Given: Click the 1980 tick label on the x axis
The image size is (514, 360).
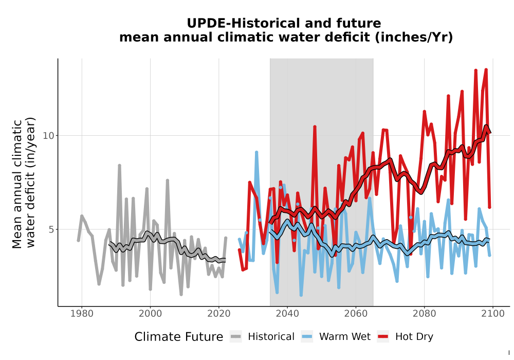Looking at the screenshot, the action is tap(82, 314).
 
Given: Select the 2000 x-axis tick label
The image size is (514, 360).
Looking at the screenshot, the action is tap(150, 314).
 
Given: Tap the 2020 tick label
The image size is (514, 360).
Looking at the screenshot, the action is tap(218, 314).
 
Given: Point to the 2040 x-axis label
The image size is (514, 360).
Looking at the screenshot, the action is tap(287, 314).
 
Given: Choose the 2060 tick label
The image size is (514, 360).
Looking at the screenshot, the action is tap(356, 314).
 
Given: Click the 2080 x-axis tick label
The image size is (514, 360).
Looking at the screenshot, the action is tap(424, 314).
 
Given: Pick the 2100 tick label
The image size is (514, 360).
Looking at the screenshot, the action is tap(493, 314).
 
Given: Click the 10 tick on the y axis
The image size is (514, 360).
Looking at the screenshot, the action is tap(48, 135).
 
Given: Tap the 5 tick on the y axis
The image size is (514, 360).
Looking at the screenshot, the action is tap(51, 229).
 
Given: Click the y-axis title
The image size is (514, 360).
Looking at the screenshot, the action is tap(24, 183).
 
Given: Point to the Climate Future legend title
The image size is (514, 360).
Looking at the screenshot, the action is tap(179, 337).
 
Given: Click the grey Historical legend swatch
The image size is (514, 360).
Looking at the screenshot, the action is tap(235, 337).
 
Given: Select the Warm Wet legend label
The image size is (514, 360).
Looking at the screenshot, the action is tap(345, 337).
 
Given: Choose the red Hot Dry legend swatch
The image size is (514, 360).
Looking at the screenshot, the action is tap(383, 337).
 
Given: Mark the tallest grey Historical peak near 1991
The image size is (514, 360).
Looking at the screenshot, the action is tap(120, 166).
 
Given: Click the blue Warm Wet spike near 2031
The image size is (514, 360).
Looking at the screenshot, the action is tap(256, 152).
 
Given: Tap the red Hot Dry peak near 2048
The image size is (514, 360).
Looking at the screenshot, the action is tap(315, 127).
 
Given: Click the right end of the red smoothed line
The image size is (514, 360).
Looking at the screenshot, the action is tap(490, 133).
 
